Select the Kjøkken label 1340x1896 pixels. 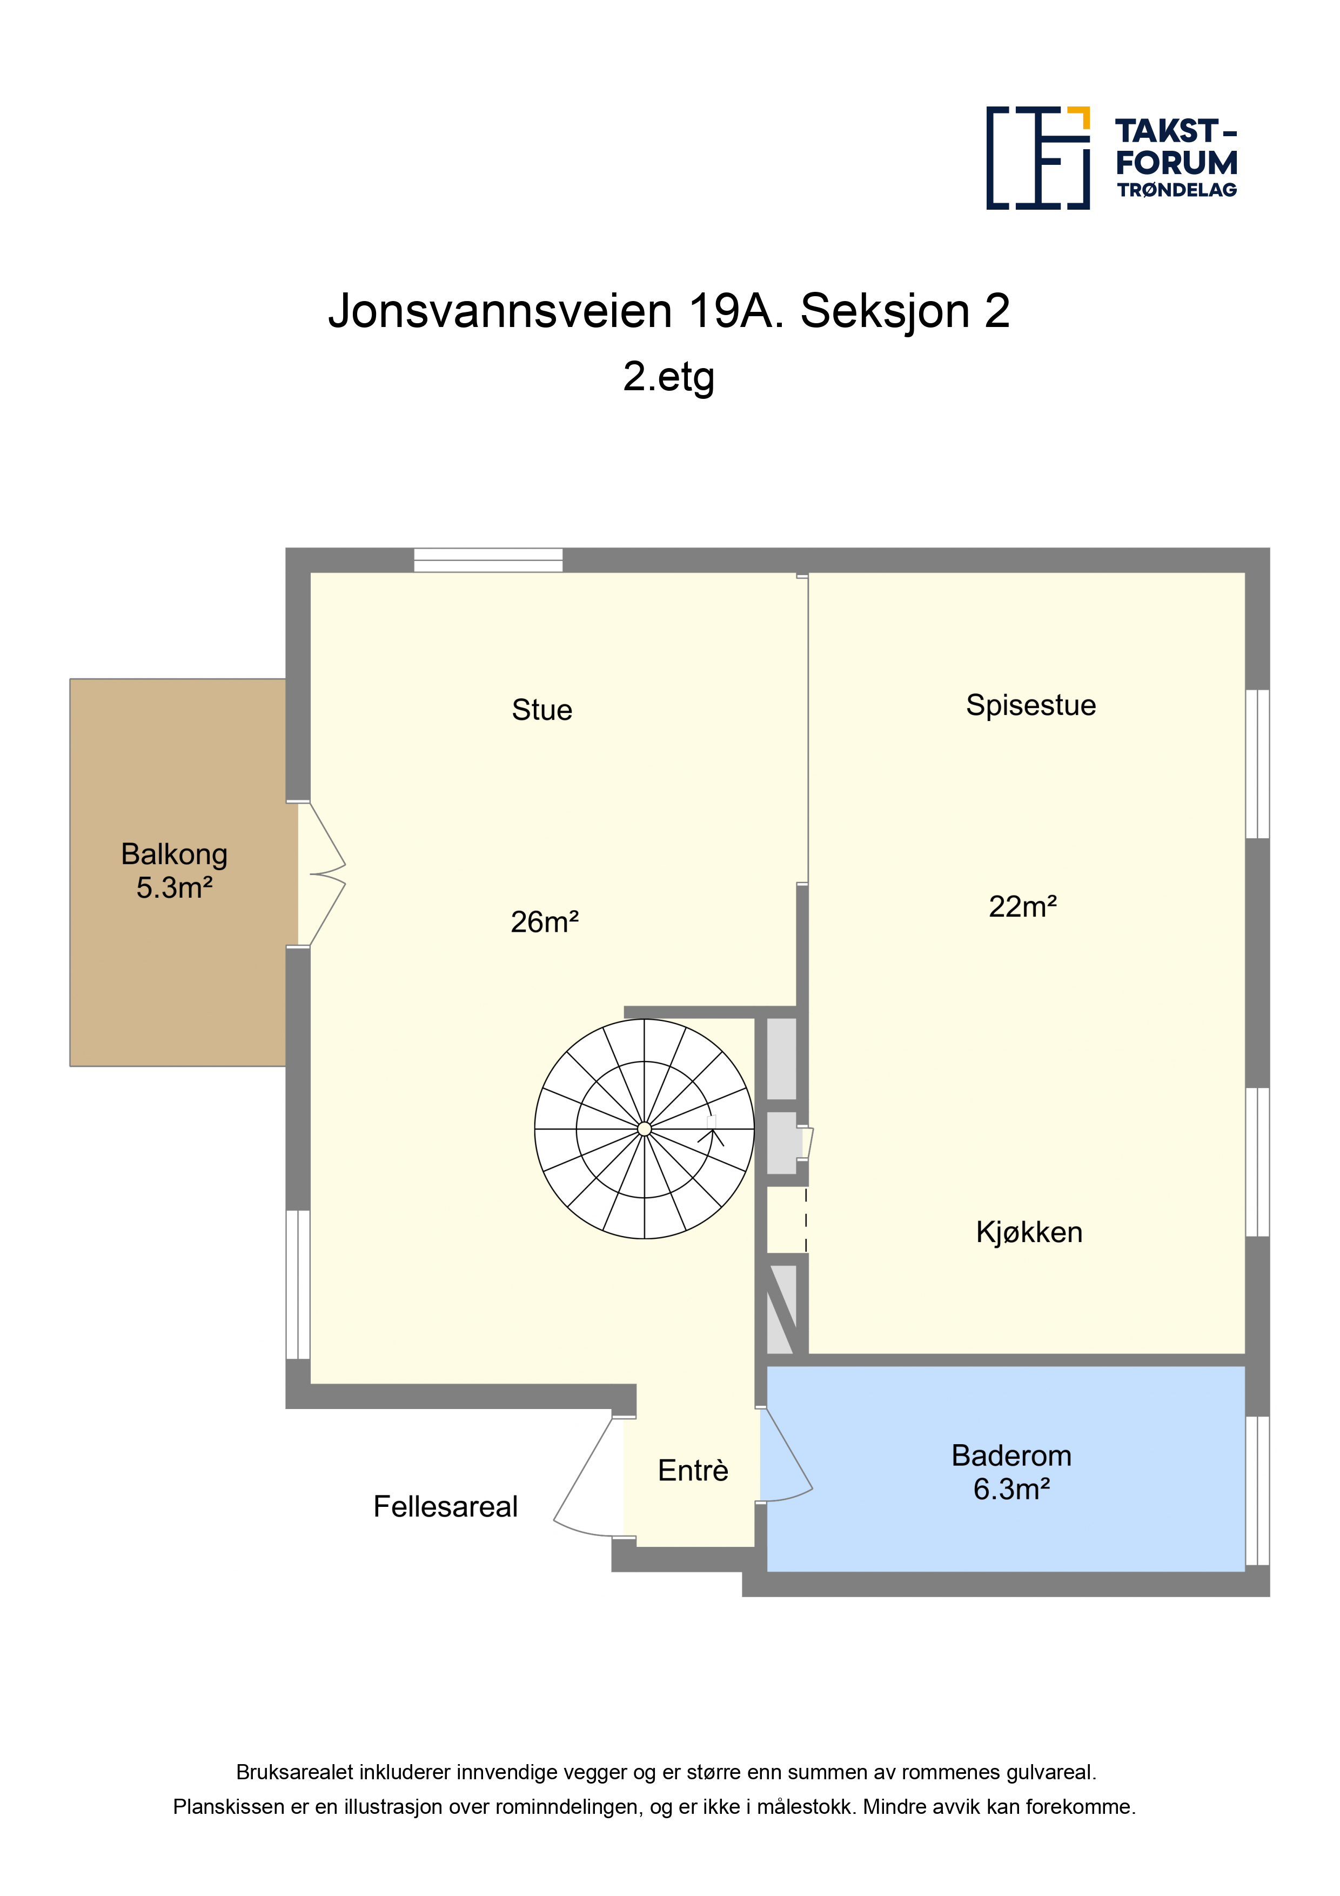coord(1029,1232)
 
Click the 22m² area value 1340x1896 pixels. coord(1023,907)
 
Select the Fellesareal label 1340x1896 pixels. coord(445,1506)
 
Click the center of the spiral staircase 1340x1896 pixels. coord(644,1129)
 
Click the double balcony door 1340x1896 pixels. coord(320,873)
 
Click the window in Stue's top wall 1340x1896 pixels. coord(488,560)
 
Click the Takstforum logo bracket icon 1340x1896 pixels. coord(1038,157)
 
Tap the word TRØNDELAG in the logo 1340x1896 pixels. coord(1176,190)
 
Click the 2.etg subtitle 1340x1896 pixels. coord(669,377)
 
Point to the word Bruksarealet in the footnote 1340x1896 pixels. coord(295,1772)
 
